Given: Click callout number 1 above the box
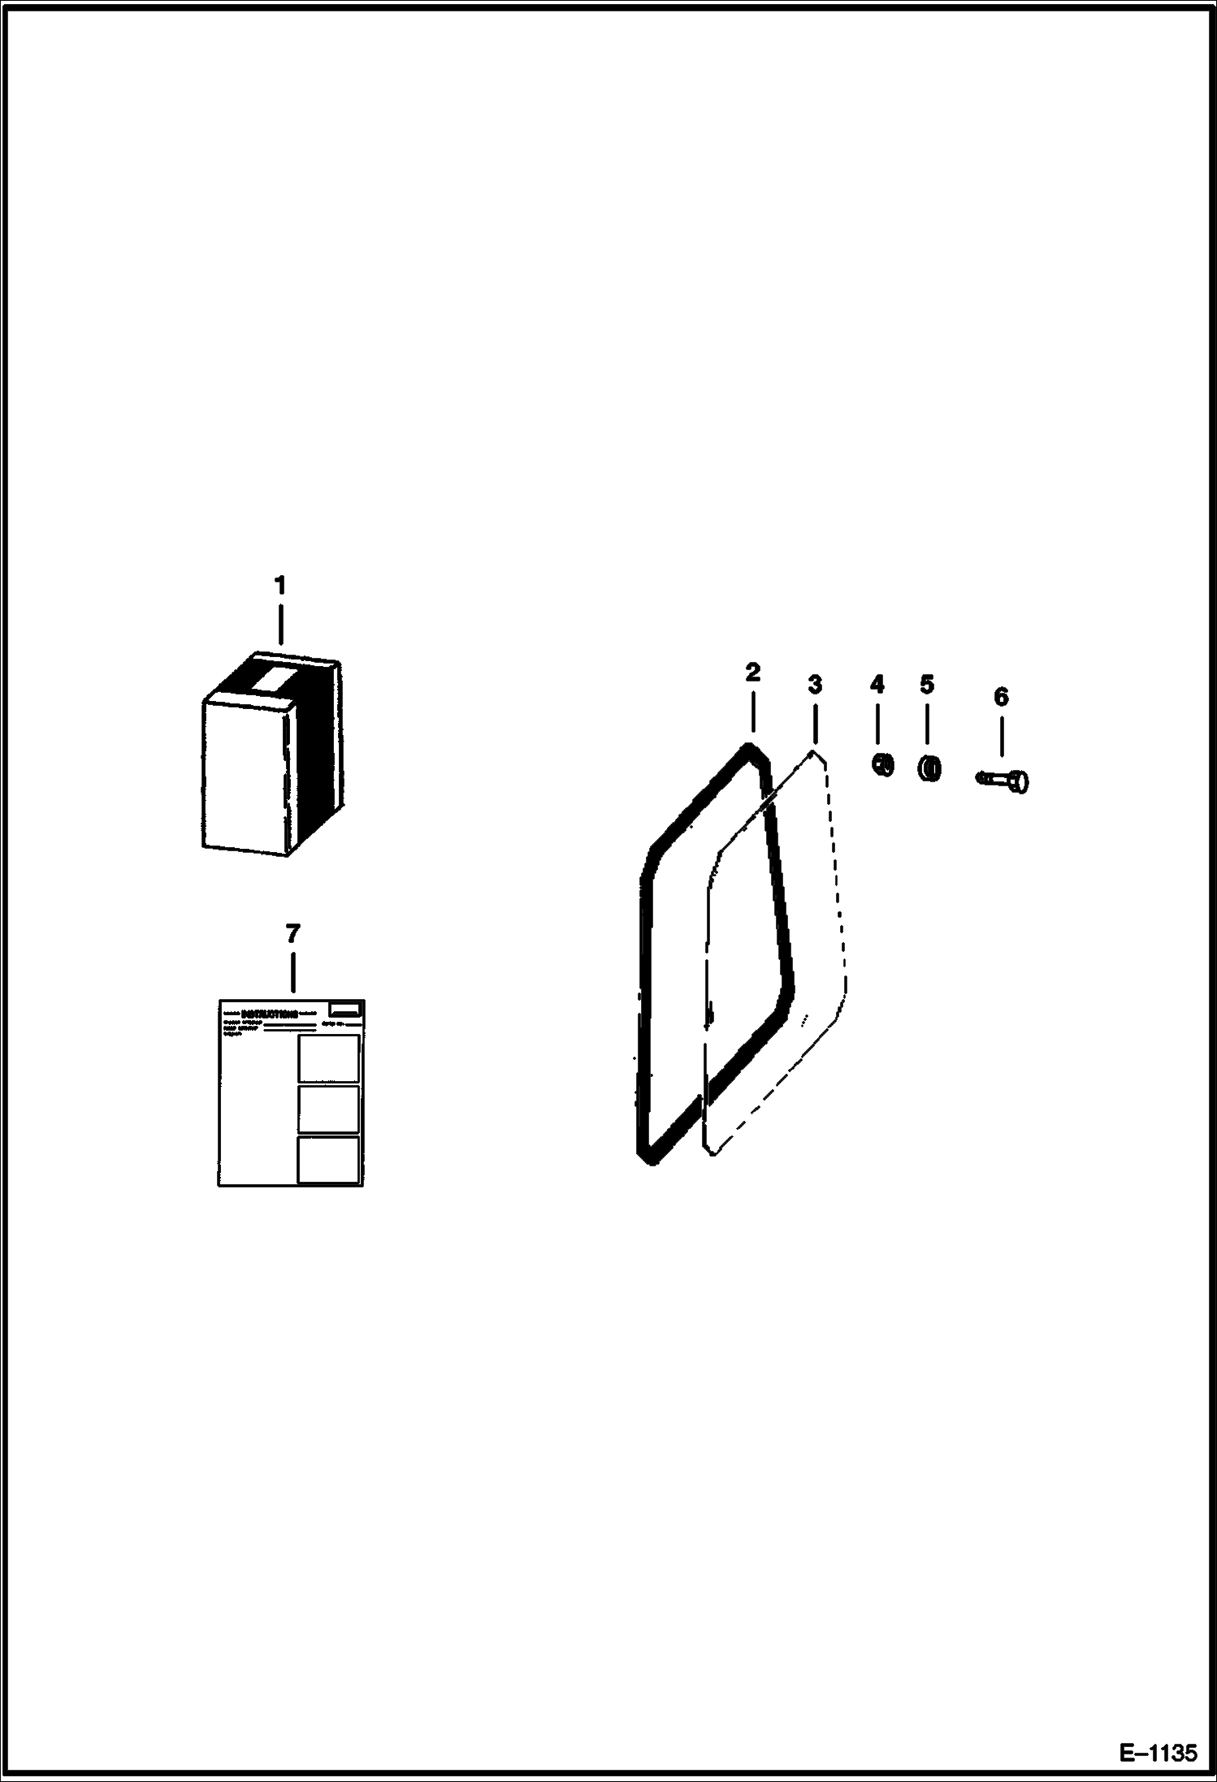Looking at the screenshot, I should tap(279, 585).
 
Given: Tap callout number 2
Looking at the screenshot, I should tap(752, 673).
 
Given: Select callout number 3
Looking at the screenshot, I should tap(815, 685).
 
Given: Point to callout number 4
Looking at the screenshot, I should tap(877, 685).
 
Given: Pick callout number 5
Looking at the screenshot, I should tap(927, 685).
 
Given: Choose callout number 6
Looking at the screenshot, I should tap(1001, 697).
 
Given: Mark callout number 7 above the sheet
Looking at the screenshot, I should tap(292, 933).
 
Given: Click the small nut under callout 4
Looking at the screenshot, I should tap(882, 764).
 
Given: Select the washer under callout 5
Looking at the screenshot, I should tap(930, 768).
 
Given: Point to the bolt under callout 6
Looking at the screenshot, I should tap(1004, 780).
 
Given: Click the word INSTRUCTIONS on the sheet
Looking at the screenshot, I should tap(271, 1014).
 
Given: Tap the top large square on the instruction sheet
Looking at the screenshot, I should tap(328, 1058).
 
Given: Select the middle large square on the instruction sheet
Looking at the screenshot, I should tap(328, 1109).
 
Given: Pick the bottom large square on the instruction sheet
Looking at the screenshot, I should tap(328, 1159).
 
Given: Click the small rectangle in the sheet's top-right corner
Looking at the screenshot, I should tap(344, 1010).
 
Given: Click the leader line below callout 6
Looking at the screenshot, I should tap(1001, 737).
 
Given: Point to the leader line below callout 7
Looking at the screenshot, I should tap(292, 971).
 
